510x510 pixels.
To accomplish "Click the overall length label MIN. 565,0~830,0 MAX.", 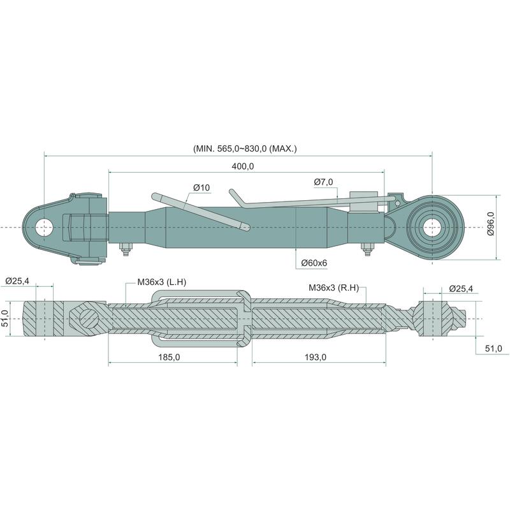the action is point(245,149).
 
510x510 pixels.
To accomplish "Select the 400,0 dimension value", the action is point(243,166).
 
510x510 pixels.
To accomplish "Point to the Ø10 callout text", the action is point(201,187).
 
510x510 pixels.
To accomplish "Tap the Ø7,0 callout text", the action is point(324,182).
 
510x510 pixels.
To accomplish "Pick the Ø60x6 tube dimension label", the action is point(314,263).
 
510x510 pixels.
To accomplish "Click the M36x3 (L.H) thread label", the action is point(162,282).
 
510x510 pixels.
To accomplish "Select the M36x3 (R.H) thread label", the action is point(333,288).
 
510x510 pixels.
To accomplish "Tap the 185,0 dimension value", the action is point(169,358).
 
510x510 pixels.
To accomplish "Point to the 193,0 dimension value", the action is point(316,358).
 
